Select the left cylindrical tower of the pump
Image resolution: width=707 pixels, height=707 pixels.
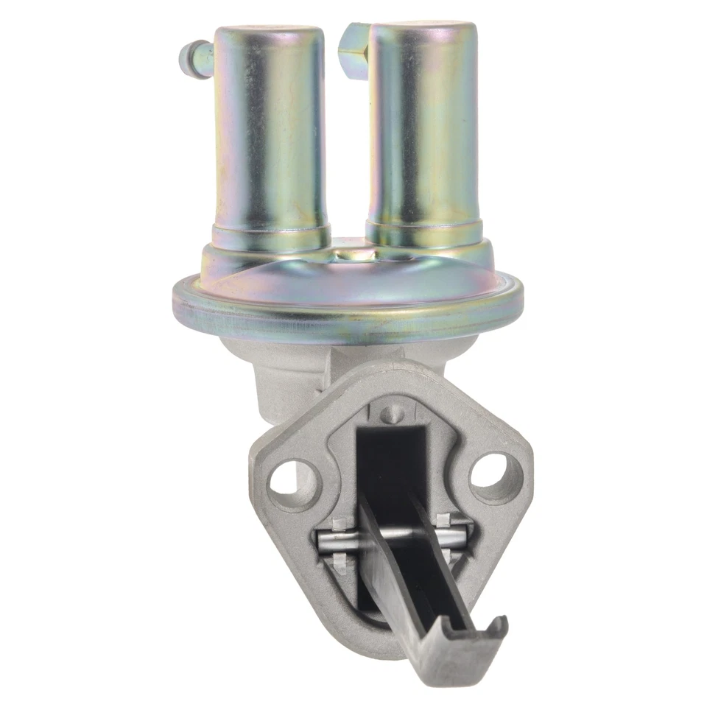(x=270, y=133)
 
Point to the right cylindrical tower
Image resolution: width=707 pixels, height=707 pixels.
(x=423, y=133)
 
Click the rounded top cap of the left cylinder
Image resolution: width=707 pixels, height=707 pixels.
(x=270, y=35)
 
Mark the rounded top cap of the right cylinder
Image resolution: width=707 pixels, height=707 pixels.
(x=423, y=31)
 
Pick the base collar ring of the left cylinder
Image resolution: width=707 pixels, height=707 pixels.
(x=270, y=237)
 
